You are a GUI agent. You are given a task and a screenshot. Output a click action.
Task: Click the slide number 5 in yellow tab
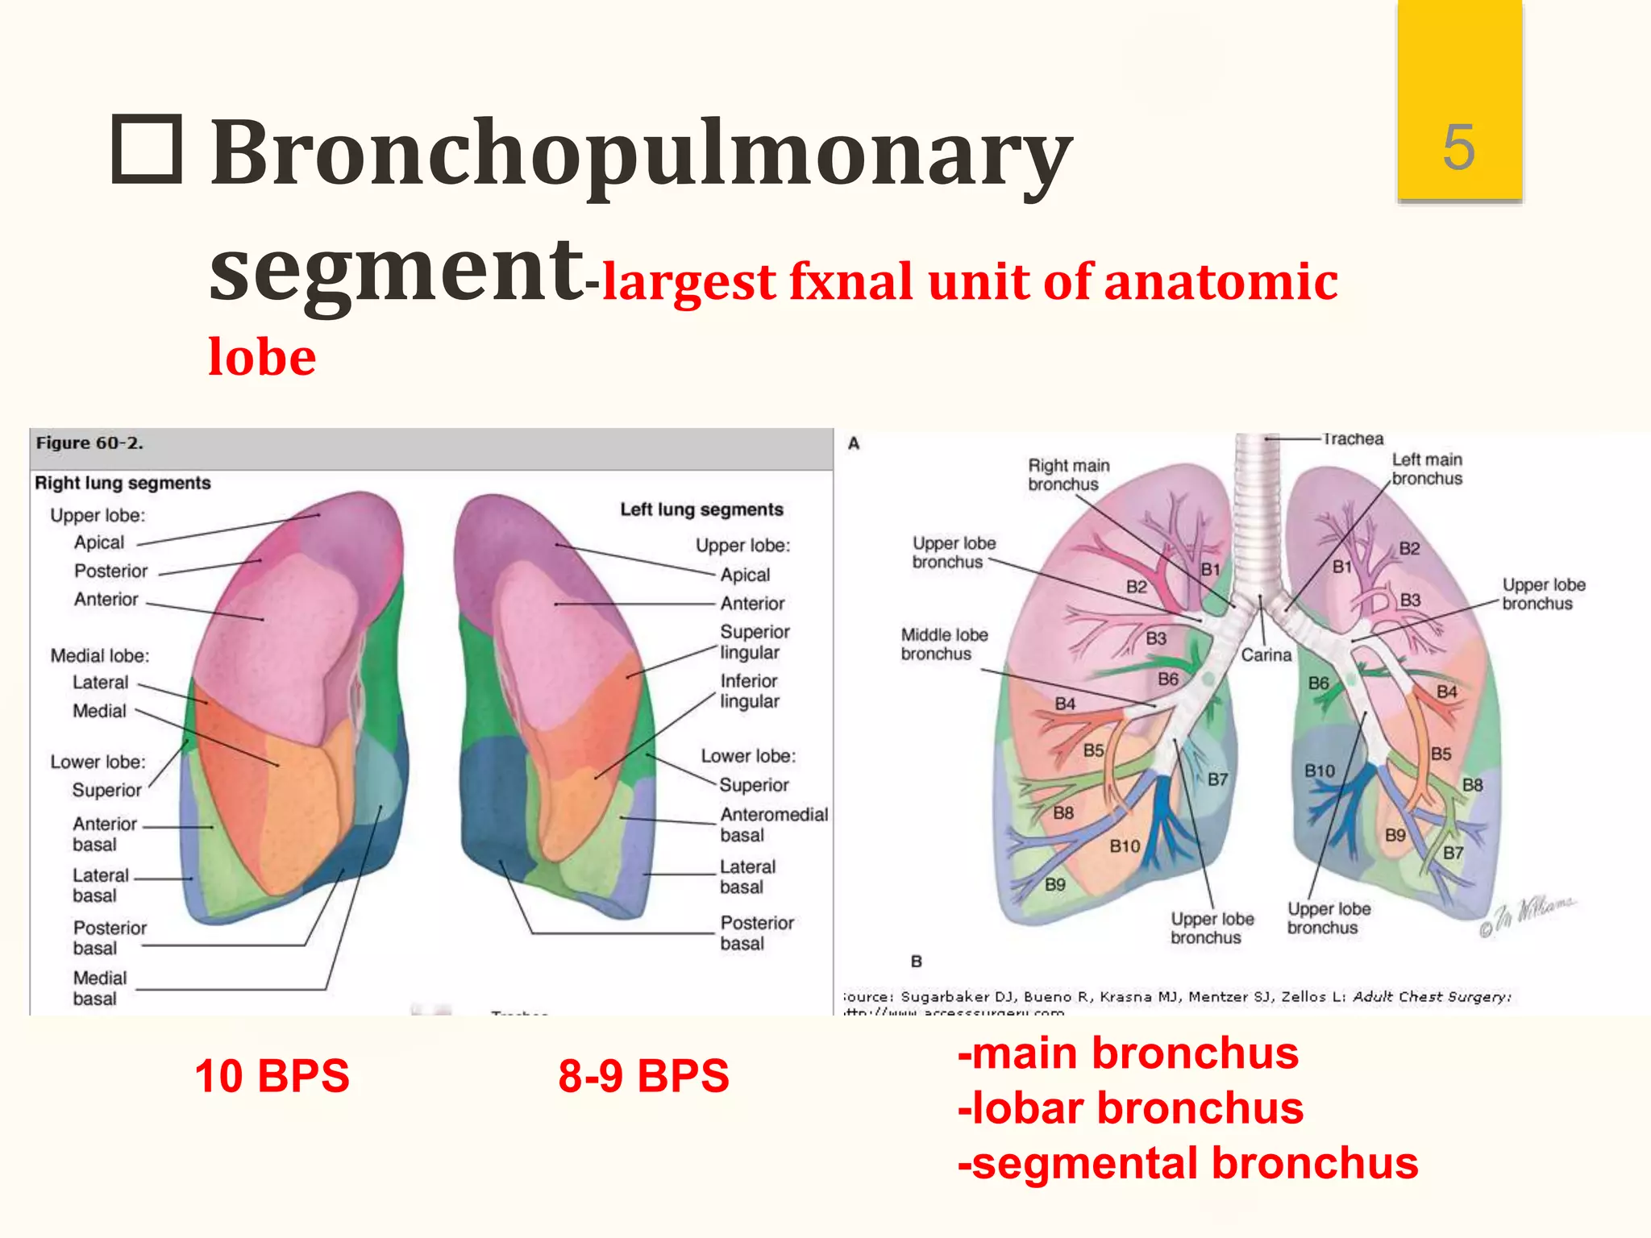tap(1458, 147)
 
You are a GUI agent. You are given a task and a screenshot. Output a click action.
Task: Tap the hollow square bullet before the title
tap(146, 149)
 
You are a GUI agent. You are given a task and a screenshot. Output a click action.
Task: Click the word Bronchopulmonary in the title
tap(641, 153)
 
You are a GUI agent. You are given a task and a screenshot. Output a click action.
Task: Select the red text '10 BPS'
tap(272, 1076)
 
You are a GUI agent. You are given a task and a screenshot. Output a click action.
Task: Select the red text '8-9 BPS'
tap(643, 1076)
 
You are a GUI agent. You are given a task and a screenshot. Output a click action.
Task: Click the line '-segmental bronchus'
tap(1187, 1163)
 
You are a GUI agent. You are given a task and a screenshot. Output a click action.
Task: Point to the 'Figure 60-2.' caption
tap(89, 442)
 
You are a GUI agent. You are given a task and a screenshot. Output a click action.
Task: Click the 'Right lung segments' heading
tap(123, 483)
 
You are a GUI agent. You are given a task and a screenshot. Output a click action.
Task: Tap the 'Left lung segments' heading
tap(701, 509)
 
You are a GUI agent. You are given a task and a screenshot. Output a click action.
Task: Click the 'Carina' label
tap(1266, 654)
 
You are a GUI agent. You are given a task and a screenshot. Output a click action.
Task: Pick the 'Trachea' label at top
tap(1353, 439)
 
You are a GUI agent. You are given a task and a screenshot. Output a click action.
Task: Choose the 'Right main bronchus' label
tap(1067, 475)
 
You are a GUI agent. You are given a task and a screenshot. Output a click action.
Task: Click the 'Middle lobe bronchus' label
tap(943, 644)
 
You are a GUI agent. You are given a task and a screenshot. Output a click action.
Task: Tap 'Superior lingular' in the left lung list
tap(755, 642)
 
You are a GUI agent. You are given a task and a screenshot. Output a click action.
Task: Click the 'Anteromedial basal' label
tap(773, 825)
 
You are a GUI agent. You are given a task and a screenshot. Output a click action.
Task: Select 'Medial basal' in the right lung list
tap(99, 988)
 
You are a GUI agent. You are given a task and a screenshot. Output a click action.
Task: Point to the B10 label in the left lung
tap(1320, 771)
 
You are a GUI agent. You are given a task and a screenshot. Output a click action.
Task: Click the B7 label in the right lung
tap(1217, 779)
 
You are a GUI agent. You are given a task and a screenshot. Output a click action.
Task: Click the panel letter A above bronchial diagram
tap(854, 443)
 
